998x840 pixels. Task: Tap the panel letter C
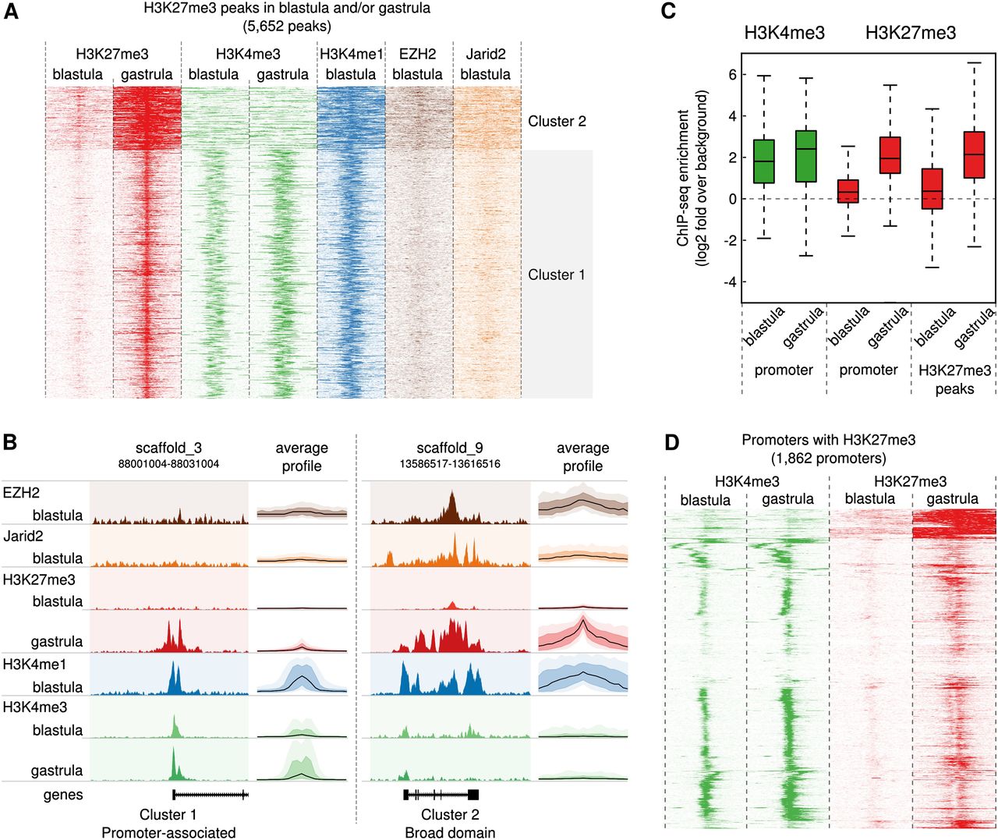668,13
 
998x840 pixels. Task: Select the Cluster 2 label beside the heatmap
557,121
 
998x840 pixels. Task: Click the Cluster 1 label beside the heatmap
557,275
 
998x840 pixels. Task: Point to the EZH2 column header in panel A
417,54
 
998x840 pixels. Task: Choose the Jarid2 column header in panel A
486,54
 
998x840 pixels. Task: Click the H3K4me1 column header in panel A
351,54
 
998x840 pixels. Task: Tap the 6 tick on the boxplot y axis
731,75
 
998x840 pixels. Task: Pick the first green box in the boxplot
764,161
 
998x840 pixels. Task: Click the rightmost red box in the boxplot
974,154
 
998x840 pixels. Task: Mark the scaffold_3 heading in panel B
168,448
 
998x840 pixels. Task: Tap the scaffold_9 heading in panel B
450,448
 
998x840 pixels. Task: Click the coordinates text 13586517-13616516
450,463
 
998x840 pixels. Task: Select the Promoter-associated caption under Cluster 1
168,832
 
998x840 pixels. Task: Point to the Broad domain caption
450,832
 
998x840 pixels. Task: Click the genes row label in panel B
63,795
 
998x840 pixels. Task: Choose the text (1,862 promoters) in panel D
829,458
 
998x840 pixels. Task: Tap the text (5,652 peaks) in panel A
287,26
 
